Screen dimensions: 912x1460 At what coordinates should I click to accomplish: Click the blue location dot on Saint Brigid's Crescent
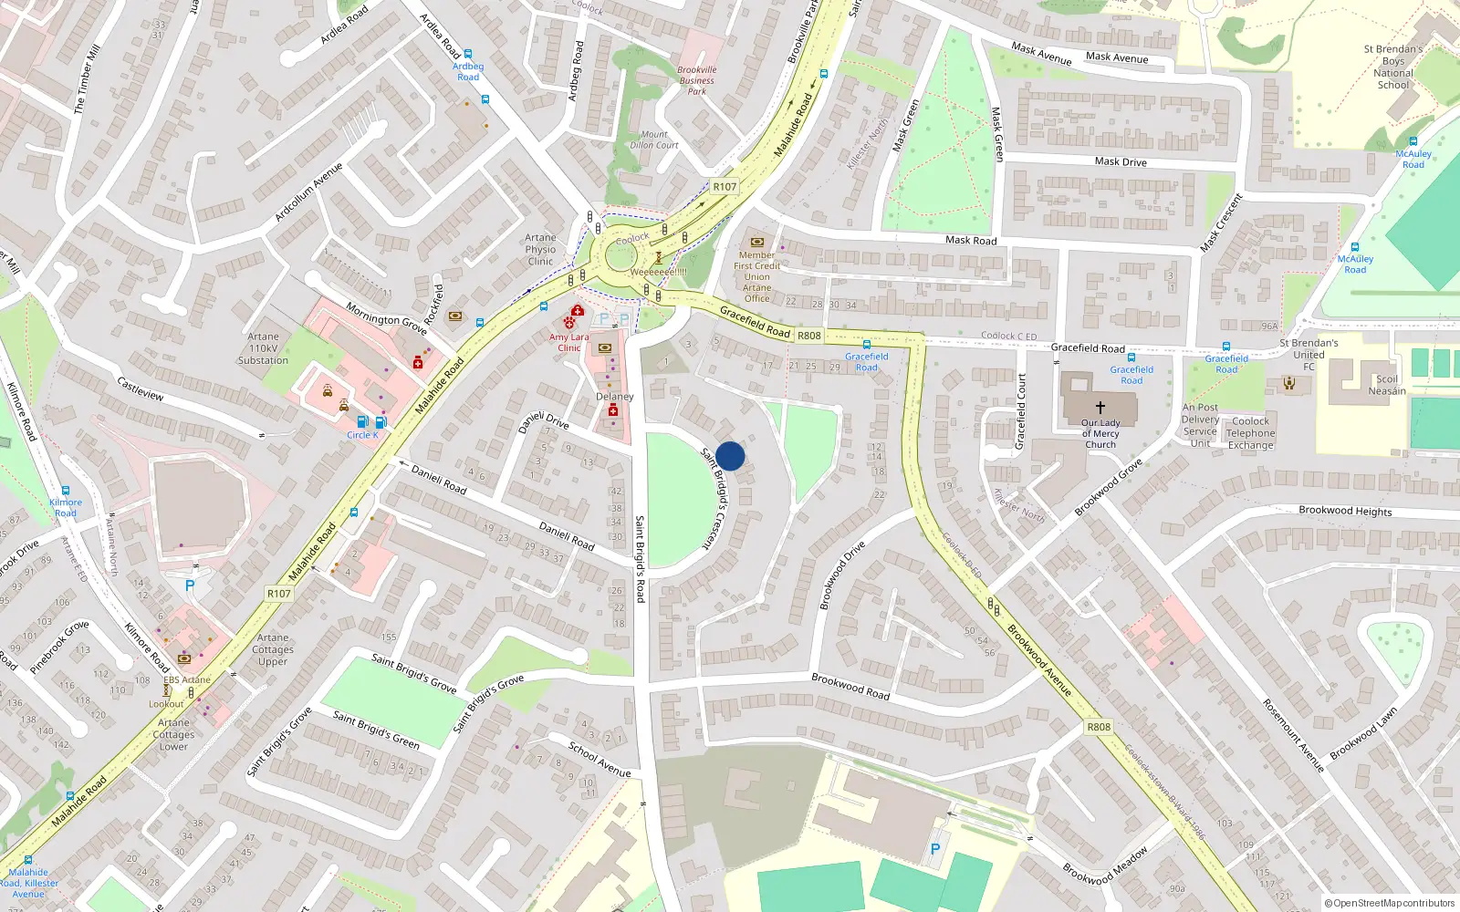[x=730, y=456]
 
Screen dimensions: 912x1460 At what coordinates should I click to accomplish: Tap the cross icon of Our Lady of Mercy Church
[x=1100, y=408]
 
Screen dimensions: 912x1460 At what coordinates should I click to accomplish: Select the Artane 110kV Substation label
[x=263, y=348]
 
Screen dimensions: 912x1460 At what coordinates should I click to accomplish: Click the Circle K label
[x=362, y=435]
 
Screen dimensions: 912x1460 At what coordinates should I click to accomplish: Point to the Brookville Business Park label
[x=697, y=80]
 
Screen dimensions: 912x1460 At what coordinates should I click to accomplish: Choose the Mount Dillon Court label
[x=654, y=140]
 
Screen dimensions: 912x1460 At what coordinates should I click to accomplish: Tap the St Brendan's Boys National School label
[x=1393, y=67]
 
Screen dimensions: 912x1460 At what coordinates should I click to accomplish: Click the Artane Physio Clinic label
[x=540, y=249]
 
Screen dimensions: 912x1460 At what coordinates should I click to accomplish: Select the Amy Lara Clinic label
[x=568, y=342]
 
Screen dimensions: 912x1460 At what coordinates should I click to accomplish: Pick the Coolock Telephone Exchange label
[x=1250, y=433]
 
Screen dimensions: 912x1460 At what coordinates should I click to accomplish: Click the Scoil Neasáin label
[x=1387, y=385]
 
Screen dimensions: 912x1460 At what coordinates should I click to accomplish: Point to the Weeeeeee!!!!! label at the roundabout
[x=658, y=272]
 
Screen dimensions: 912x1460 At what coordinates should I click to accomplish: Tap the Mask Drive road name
[x=1121, y=161]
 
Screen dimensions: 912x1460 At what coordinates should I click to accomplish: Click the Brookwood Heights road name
[x=1345, y=511]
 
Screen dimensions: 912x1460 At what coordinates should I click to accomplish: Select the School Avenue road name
[x=600, y=759]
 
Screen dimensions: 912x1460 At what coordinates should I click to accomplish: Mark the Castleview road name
[x=141, y=389]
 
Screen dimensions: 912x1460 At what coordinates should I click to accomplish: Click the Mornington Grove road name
[x=386, y=318]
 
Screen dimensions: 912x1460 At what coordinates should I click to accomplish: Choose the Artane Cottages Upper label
[x=273, y=649]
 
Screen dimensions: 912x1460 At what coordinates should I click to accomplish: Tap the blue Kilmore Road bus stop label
[x=66, y=507]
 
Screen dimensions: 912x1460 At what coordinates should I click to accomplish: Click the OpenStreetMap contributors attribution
[x=1390, y=903]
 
